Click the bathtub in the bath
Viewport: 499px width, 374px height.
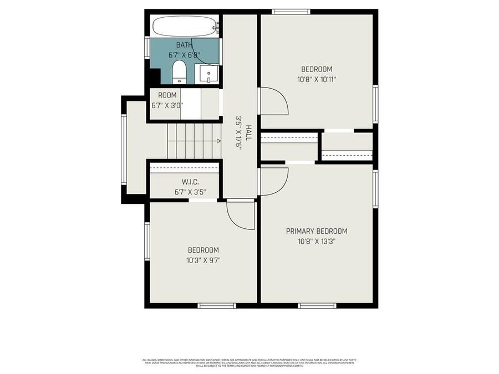point(184,25)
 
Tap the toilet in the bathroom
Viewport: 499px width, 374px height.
point(179,73)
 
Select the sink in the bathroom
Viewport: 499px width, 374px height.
point(208,73)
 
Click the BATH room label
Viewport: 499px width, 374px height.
point(184,44)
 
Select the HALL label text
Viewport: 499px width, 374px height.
point(249,132)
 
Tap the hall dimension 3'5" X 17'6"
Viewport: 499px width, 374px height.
point(238,132)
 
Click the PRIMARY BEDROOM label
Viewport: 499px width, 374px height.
point(316,231)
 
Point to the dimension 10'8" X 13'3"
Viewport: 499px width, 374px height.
point(316,241)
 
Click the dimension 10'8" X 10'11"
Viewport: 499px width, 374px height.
point(317,79)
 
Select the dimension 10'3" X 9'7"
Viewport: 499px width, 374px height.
point(203,260)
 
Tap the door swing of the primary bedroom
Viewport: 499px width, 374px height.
point(273,181)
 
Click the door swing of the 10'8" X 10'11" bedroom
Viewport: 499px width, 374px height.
point(273,101)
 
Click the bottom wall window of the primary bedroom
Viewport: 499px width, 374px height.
point(317,305)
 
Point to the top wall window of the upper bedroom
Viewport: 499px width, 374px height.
point(291,12)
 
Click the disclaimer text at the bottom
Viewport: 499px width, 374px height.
point(249,362)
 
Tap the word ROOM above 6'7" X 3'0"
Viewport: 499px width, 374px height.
point(167,95)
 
